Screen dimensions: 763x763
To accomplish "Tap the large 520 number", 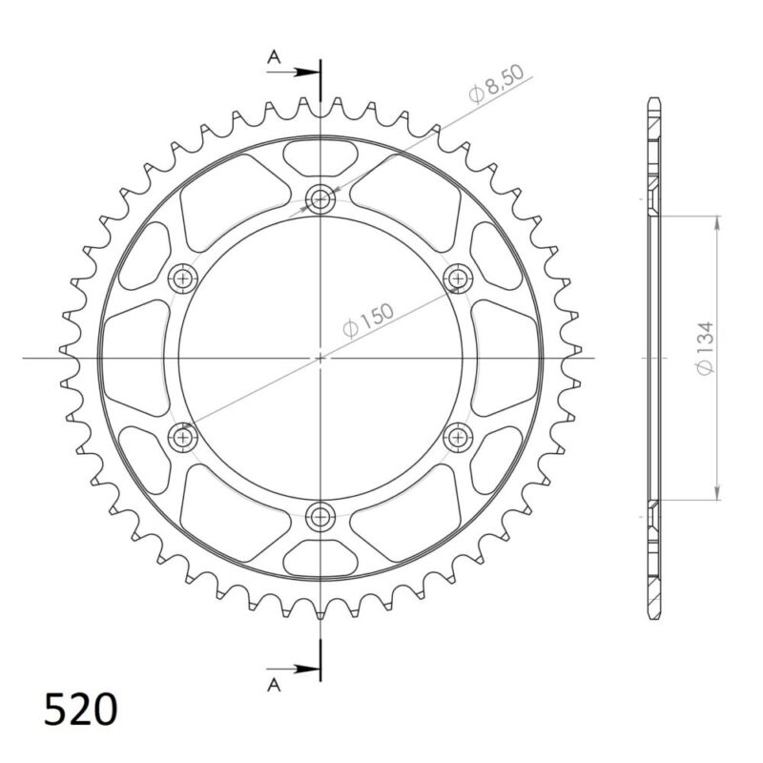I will click(81, 711).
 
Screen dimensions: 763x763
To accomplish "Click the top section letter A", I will click(274, 58).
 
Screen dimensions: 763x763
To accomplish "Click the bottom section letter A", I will click(274, 684).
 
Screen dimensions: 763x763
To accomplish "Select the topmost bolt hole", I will click(320, 199).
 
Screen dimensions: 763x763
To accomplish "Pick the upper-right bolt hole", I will click(459, 278).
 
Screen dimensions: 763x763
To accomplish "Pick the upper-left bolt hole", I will click(182, 278).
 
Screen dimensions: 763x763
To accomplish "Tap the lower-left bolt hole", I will click(182, 437).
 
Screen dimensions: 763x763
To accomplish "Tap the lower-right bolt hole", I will click(459, 437).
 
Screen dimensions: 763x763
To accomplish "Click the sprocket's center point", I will click(320, 358).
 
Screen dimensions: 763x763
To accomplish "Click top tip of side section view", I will click(653, 100).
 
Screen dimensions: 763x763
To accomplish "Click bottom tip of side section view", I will click(653, 615).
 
